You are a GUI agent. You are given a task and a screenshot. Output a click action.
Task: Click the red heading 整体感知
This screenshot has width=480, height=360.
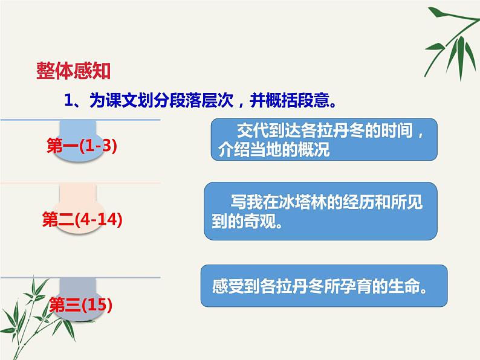pyautogui.click(x=73, y=72)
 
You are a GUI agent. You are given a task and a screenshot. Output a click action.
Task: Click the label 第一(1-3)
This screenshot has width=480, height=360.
pyautogui.click(x=81, y=146)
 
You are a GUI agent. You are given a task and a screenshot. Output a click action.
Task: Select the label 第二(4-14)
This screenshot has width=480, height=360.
pyautogui.click(x=82, y=220)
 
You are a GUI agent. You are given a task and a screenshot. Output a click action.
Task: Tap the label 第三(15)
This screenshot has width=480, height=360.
pyautogui.click(x=81, y=304)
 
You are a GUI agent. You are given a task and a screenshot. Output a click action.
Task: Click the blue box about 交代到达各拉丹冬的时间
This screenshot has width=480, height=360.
pyautogui.click(x=324, y=140)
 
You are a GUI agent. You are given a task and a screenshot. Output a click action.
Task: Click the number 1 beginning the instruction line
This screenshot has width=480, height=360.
pyautogui.click(x=68, y=100)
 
